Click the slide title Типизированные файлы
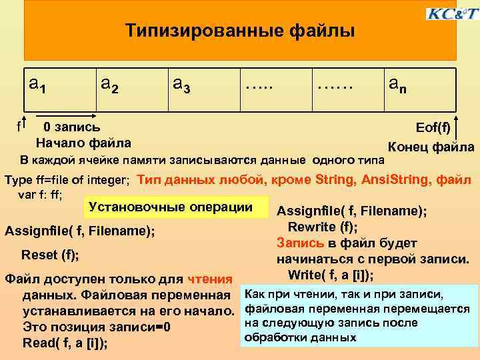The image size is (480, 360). pyautogui.click(x=240, y=31)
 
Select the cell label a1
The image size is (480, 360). pyautogui.click(x=37, y=85)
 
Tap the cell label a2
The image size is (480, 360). pyautogui.click(x=109, y=85)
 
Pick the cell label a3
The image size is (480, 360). pyautogui.click(x=181, y=85)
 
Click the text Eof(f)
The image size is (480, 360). pyautogui.click(x=433, y=127)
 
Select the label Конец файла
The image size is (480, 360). pyautogui.click(x=431, y=147)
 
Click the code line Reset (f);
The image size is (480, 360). pyautogui.click(x=50, y=254)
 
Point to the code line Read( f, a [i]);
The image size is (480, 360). pyautogui.click(x=65, y=343)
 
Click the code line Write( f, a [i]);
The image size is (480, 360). pyautogui.click(x=330, y=275)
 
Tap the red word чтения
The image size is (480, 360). pyautogui.click(x=210, y=279)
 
